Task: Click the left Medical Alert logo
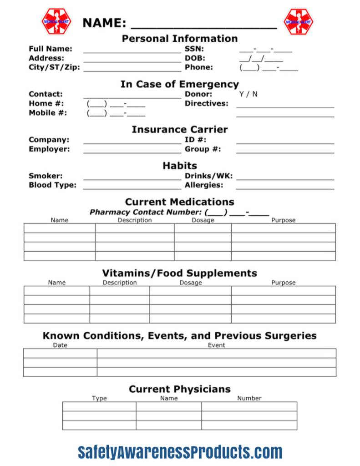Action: (56, 21)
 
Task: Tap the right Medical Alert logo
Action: (299, 21)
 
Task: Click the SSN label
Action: (194, 49)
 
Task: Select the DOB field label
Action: (195, 58)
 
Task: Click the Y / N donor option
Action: (248, 94)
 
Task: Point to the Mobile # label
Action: (48, 113)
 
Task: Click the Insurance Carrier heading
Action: (180, 130)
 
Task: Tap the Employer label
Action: (49, 149)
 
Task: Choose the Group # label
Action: (203, 149)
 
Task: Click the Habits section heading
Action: (180, 166)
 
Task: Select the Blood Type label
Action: (52, 185)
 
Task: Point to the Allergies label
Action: (204, 185)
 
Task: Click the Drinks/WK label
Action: (208, 176)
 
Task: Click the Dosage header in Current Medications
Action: (203, 220)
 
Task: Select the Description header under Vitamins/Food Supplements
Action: (120, 283)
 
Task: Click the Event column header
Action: (217, 345)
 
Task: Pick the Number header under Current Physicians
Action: (249, 398)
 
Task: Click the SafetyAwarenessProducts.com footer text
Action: (180, 452)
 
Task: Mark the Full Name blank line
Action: (132, 50)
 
